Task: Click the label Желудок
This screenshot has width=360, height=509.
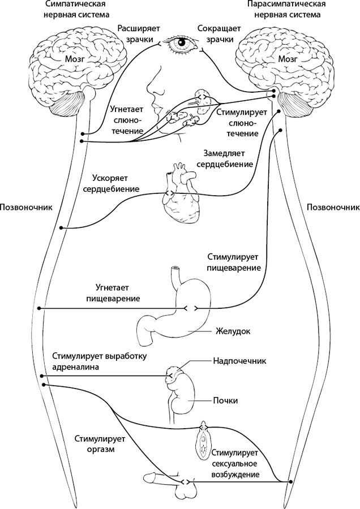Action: tap(232, 330)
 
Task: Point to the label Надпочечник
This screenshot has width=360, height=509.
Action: tap(239, 360)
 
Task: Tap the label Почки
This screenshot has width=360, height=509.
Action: tap(225, 400)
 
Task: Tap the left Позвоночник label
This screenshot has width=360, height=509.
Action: tap(27, 207)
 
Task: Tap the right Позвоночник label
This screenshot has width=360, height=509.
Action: tap(332, 207)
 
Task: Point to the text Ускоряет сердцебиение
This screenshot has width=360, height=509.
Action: tap(111, 182)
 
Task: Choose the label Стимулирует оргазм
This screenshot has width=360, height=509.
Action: tap(94, 445)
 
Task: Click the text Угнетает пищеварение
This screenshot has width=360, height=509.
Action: tap(113, 292)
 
